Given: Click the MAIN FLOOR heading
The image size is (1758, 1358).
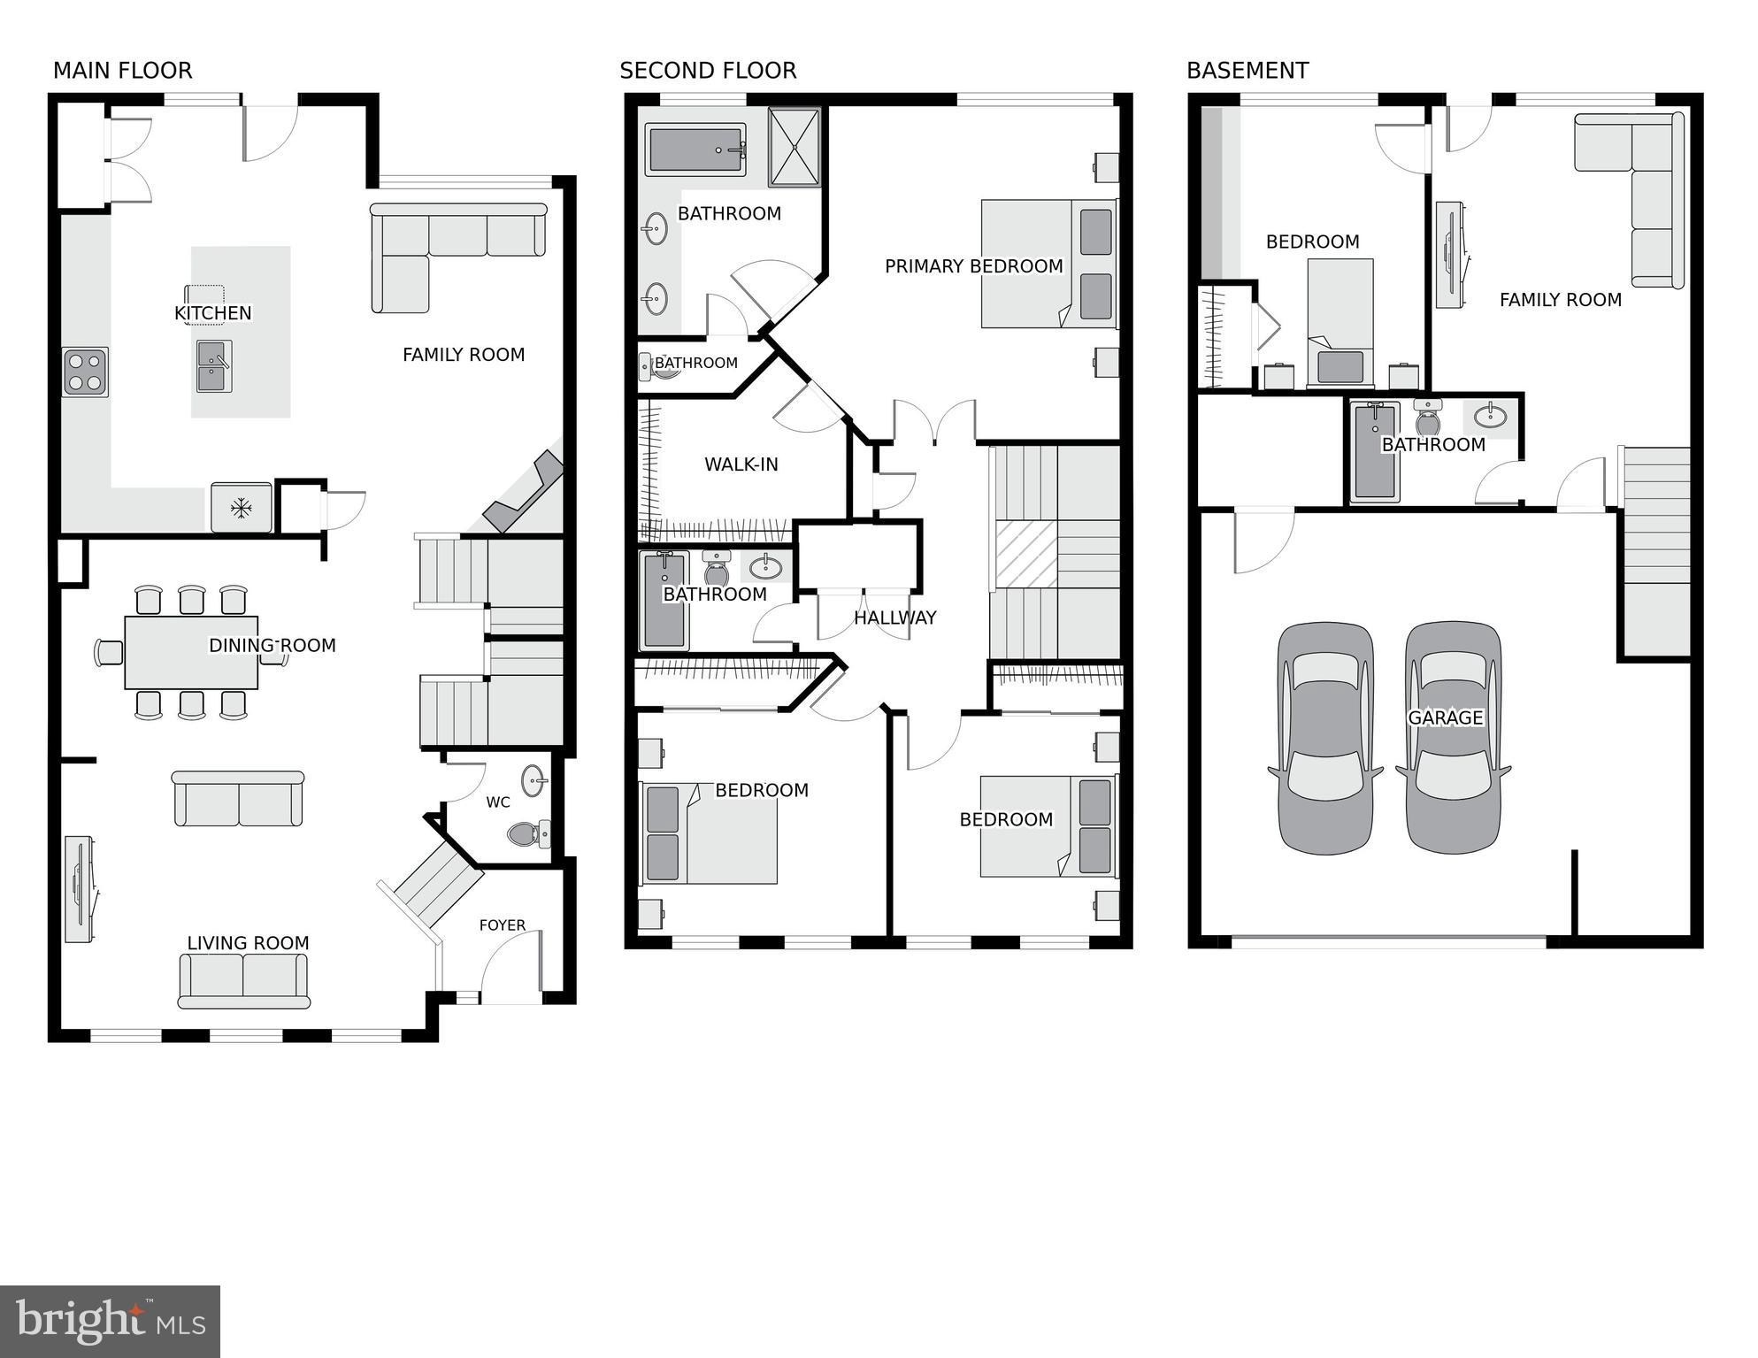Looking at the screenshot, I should [x=122, y=71].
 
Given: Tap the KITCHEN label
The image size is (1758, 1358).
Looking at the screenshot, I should [x=212, y=313].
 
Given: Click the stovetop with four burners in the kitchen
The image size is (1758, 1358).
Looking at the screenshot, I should [x=86, y=372].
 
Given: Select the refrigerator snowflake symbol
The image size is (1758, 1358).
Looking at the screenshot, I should [x=241, y=508].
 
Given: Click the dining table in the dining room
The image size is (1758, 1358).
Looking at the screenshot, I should [x=191, y=653].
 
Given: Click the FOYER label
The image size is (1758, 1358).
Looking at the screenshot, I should [x=502, y=925].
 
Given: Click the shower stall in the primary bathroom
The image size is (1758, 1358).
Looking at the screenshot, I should [x=794, y=147].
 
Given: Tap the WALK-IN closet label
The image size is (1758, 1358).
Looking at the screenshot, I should [x=741, y=464].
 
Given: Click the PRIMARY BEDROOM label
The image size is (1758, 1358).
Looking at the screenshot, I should [x=973, y=266].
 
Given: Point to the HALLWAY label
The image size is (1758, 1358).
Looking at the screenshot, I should [x=894, y=618].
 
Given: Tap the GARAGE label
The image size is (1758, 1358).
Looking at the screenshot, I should [x=1445, y=717].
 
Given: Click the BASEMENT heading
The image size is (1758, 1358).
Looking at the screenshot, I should [x=1247, y=71].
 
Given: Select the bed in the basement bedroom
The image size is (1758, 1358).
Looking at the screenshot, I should [x=1340, y=323].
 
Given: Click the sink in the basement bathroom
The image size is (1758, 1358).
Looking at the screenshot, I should [x=1491, y=415].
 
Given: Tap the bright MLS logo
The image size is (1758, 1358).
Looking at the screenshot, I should [x=110, y=1322].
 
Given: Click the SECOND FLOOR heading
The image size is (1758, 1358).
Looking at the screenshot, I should [x=708, y=71].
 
